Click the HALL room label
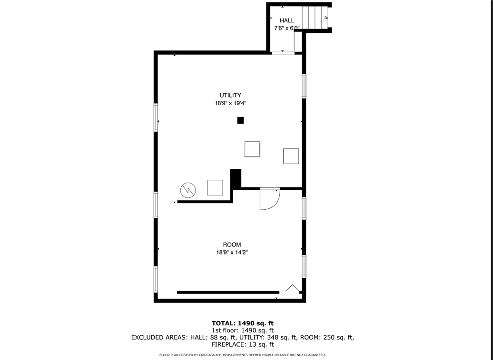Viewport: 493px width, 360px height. (287, 20)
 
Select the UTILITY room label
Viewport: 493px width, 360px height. (230, 95)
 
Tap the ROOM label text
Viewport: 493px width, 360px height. (232, 244)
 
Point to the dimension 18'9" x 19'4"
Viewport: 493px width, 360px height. (230, 103)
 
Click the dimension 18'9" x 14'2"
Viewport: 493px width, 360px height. (232, 253)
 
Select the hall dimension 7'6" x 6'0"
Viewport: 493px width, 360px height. (286, 28)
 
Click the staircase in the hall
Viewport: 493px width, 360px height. (316, 18)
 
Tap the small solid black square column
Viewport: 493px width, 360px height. (240, 120)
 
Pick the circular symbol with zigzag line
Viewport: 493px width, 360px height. (188, 190)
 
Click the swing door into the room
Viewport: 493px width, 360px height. (268, 198)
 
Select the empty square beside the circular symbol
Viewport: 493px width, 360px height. (215, 187)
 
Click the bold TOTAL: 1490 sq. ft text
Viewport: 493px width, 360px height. (243, 323)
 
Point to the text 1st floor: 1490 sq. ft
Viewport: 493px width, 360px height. (243, 331)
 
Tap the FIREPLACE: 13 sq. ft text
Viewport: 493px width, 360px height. (243, 344)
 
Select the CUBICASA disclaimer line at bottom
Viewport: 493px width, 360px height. (243, 355)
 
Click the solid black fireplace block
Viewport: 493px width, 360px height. (236, 178)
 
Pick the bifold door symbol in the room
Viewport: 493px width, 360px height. (292, 289)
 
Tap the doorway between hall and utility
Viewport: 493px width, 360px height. (283, 53)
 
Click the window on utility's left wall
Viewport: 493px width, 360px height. (156, 117)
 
